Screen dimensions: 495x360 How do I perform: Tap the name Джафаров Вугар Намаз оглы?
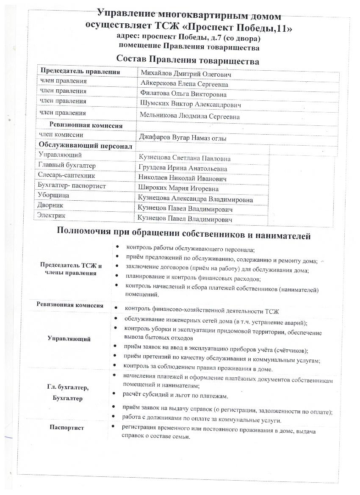(x=183, y=138)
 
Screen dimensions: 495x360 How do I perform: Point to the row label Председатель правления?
(x=80, y=72)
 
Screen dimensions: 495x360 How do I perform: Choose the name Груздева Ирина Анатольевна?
(x=183, y=169)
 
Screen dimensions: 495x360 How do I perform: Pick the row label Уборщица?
(x=54, y=196)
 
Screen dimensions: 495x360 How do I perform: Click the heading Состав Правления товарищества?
(x=188, y=61)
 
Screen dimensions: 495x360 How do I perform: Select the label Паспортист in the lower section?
(x=66, y=428)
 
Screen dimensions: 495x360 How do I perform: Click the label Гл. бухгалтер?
(x=68, y=387)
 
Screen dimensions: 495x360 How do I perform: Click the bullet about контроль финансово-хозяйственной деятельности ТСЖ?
(x=202, y=311)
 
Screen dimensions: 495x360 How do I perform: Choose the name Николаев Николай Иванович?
(x=182, y=179)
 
